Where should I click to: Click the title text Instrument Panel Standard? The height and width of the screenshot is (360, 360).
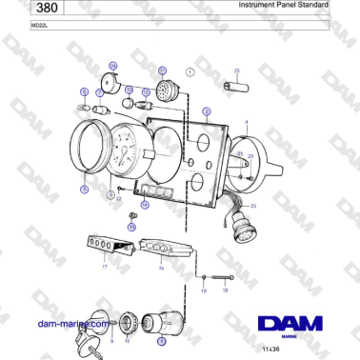click(x=283, y=5)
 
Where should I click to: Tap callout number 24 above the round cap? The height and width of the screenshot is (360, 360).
click(x=112, y=66)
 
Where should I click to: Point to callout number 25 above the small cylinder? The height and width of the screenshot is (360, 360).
click(x=237, y=70)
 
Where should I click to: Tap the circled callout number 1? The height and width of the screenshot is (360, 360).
click(x=190, y=71)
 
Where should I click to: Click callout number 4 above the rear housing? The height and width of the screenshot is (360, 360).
click(x=247, y=123)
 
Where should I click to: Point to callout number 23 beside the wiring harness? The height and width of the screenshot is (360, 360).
click(x=253, y=206)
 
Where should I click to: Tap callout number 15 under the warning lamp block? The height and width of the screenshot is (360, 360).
click(x=161, y=269)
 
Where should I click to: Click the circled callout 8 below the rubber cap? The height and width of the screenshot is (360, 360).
click(x=161, y=340)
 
